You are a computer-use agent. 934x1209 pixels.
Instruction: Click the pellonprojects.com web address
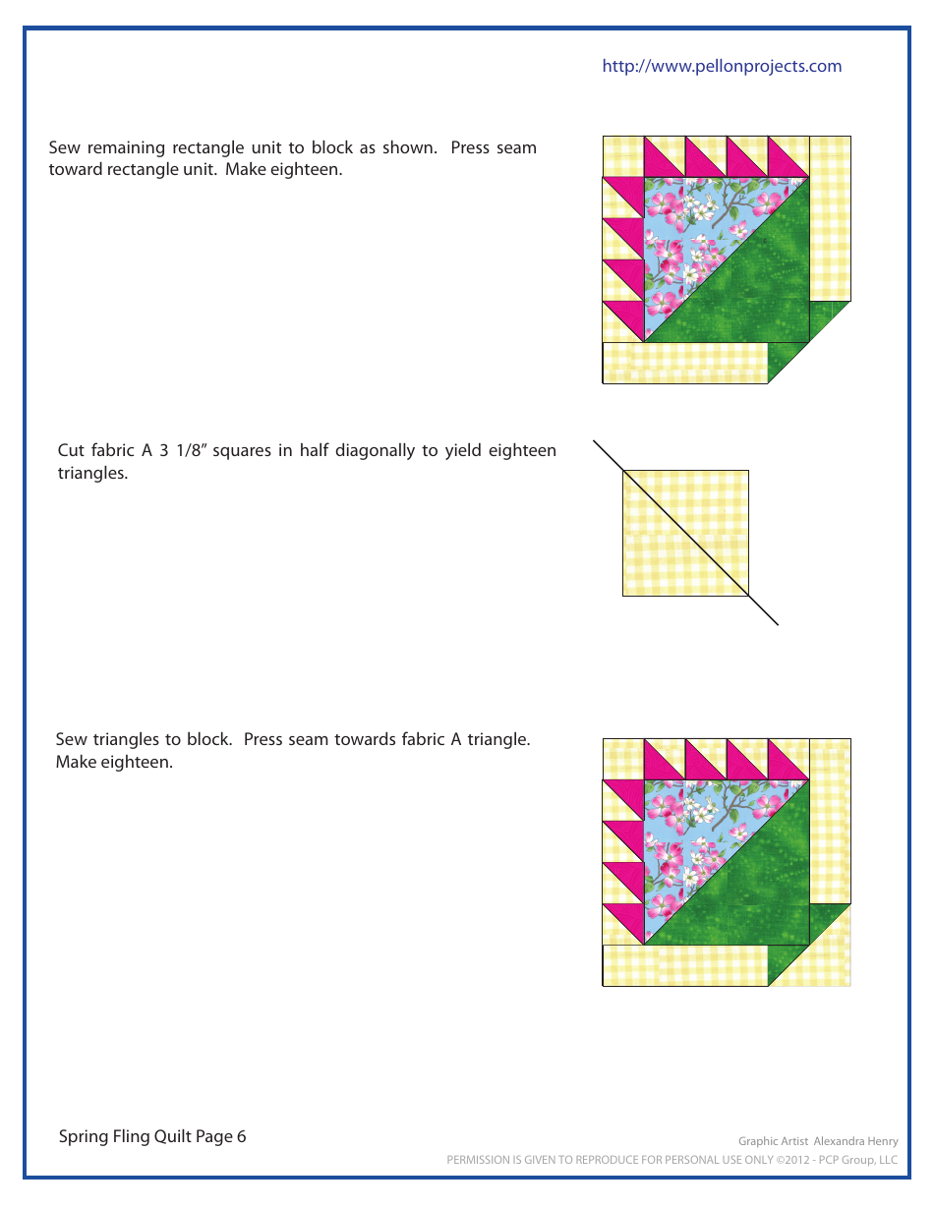[x=722, y=66]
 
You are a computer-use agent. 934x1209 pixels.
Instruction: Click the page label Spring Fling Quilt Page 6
[x=152, y=1136]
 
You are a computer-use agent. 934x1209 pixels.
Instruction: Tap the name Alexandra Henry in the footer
[x=854, y=1141]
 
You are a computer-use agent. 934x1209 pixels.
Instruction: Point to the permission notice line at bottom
[x=671, y=1160]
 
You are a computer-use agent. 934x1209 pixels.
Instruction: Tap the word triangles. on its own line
[x=92, y=473]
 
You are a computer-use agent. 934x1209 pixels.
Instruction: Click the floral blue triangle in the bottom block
[x=688, y=835]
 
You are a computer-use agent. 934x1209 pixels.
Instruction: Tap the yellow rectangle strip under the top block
[x=684, y=363]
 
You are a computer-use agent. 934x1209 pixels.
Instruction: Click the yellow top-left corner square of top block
[x=621, y=156]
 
